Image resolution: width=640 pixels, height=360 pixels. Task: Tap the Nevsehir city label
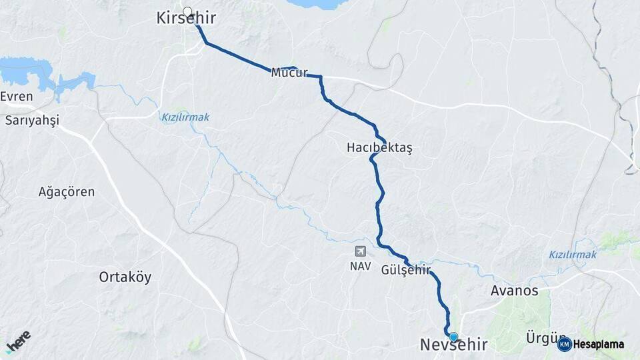(453, 345)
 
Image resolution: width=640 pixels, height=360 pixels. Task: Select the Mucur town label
(289, 73)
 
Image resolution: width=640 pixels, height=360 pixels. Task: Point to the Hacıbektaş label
(379, 147)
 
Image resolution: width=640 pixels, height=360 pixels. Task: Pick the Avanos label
(514, 291)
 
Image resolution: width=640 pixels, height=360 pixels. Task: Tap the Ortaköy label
(125, 277)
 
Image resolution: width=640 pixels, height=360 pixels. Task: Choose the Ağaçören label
(67, 192)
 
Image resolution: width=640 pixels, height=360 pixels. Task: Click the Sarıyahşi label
(32, 120)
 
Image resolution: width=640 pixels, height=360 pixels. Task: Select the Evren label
(17, 97)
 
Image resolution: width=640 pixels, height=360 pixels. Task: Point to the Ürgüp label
(540, 339)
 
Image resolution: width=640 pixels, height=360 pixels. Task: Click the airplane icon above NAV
(360, 252)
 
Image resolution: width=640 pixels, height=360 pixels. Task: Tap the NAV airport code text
(360, 265)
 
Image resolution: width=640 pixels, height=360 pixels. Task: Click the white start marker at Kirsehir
(187, 11)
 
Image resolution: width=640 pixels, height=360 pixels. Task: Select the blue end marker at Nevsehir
(453, 337)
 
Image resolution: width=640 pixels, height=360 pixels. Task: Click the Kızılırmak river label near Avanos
(573, 254)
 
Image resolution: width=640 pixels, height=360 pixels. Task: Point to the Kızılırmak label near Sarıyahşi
(185, 117)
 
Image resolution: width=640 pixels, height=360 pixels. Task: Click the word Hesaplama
(600, 344)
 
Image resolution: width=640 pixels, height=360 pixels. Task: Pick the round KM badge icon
(564, 344)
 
